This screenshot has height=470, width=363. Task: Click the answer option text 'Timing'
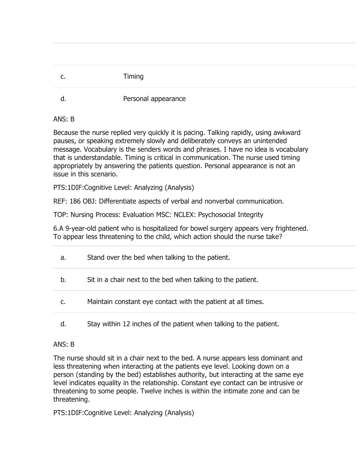(x=133, y=76)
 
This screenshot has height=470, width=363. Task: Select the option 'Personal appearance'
(x=154, y=99)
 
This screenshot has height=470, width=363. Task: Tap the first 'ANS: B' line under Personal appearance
(x=64, y=119)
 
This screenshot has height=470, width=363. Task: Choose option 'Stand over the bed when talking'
(x=158, y=257)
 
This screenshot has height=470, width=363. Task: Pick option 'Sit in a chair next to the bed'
(x=172, y=280)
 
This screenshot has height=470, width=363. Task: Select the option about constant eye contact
(x=175, y=302)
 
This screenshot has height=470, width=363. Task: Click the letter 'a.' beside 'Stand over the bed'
(x=63, y=257)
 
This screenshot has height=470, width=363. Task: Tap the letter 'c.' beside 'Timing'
(x=63, y=76)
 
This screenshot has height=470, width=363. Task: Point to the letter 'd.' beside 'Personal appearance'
(x=63, y=99)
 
